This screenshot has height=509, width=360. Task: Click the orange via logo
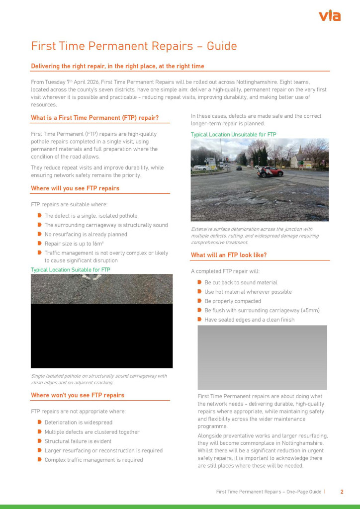(329, 16)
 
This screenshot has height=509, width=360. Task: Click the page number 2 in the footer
(342, 492)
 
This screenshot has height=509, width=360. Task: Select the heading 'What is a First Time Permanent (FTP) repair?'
(94, 118)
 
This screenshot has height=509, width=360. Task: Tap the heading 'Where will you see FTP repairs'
(75, 188)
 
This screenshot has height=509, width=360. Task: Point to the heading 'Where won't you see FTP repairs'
(78, 395)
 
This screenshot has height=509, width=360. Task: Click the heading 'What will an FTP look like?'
(229, 255)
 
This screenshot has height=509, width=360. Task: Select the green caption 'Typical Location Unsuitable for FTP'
(233, 135)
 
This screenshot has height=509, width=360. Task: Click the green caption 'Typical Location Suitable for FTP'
(71, 269)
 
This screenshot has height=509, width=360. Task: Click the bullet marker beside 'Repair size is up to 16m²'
(39, 244)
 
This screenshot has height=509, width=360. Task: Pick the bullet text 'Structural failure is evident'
(78, 441)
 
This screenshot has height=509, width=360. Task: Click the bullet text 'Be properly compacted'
(233, 301)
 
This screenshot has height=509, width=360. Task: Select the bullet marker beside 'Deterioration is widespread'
(39, 423)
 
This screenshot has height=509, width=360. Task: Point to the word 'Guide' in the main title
(222, 46)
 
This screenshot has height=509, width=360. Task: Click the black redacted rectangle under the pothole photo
(101, 336)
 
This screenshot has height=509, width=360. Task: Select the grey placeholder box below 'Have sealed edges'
(262, 357)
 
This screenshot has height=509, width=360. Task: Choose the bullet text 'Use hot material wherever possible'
(248, 292)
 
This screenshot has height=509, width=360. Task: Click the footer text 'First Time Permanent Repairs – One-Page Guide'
(269, 492)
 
